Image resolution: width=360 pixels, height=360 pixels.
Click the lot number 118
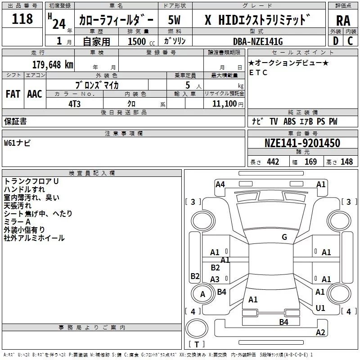pyautogui.click(x=22, y=19)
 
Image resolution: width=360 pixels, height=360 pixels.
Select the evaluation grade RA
pyautogui.click(x=343, y=20)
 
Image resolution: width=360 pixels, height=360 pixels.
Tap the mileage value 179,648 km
pyautogui.click(x=53, y=64)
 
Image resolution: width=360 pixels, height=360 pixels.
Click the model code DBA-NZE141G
pyautogui.click(x=258, y=41)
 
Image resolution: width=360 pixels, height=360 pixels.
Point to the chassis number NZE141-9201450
pyautogui.click(x=302, y=144)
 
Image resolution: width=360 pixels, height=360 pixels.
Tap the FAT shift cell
pyautogui.click(x=13, y=94)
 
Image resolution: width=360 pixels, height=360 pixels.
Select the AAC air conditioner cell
pyautogui.click(x=34, y=94)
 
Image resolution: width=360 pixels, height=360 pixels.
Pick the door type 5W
pyautogui.click(x=175, y=20)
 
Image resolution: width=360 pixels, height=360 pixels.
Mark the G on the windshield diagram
pyautogui.click(x=284, y=237)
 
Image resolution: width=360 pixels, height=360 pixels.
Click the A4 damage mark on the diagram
pyautogui.click(x=220, y=184)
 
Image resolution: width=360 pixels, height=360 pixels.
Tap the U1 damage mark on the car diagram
pyautogui.click(x=320, y=308)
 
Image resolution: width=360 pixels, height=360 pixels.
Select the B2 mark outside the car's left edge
pyautogui.click(x=195, y=276)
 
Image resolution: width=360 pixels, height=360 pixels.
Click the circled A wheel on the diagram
pyautogui.click(x=202, y=294)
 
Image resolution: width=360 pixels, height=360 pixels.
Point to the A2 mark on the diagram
pyautogui.click(x=320, y=333)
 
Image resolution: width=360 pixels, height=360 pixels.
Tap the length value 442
pyautogui.click(x=273, y=162)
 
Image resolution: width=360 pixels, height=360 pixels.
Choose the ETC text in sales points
pyautogui.click(x=258, y=72)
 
